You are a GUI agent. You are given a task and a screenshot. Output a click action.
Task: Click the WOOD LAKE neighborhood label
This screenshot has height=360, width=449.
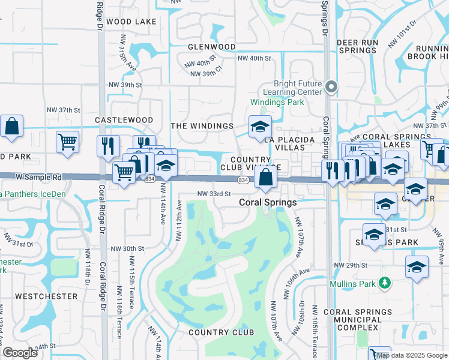coord(131,22)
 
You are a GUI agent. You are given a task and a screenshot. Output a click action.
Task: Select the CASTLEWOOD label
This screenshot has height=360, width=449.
coord(124,120)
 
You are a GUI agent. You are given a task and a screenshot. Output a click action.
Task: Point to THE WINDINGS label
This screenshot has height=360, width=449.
coord(202,126)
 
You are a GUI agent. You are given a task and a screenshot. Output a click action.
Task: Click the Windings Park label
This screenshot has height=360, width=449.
coord(285,102)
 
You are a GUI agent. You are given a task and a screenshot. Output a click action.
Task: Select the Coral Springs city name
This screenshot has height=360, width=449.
coord(268,203)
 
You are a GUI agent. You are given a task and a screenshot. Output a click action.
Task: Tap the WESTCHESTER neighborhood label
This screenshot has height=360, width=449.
coord(46,296)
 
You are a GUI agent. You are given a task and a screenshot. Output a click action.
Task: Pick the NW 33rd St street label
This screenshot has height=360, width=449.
coord(215,194)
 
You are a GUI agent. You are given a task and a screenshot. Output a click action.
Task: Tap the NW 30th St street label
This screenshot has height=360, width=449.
coord(127,248)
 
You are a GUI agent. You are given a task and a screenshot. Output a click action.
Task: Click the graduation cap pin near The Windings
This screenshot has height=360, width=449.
coord(260,127)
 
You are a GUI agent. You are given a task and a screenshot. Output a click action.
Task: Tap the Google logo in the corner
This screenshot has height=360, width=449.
coord(20,353)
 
